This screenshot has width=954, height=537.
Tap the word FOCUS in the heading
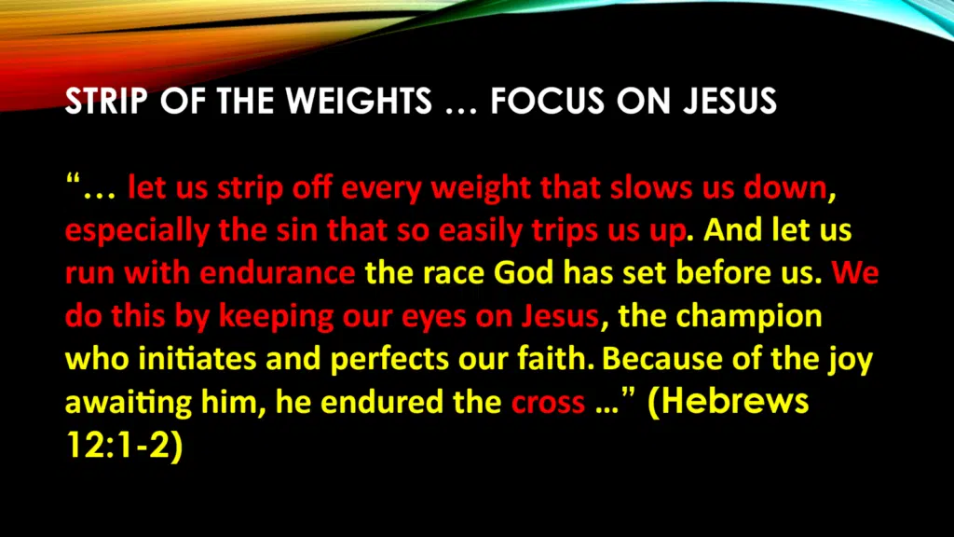click(x=547, y=101)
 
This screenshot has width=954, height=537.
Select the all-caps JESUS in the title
click(x=729, y=101)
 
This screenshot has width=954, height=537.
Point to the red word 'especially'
click(x=137, y=232)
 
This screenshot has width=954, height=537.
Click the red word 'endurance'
click(x=278, y=273)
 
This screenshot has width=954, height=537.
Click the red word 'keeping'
click(x=276, y=317)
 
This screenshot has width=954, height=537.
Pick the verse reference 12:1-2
click(x=124, y=446)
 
